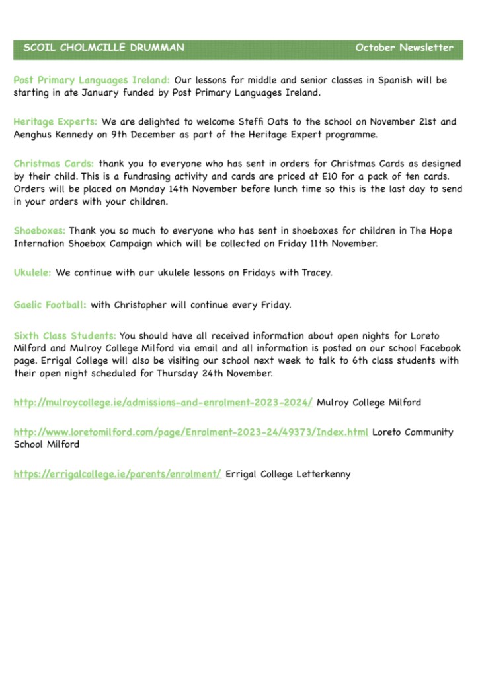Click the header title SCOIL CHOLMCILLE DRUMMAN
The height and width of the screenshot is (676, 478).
click(x=104, y=48)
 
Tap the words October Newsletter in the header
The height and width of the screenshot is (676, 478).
click(x=404, y=48)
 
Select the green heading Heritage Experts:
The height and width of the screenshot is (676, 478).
click(x=56, y=122)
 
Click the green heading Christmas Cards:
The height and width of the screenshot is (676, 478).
click(x=54, y=164)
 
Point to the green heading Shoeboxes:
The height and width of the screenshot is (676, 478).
click(x=40, y=231)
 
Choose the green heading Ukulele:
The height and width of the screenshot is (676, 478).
click(x=32, y=272)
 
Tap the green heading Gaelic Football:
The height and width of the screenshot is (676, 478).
click(x=50, y=305)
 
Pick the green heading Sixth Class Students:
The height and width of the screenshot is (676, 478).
click(x=65, y=337)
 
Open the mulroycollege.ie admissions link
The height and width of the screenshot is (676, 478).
click(x=163, y=402)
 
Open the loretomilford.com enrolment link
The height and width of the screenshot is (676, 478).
click(x=190, y=432)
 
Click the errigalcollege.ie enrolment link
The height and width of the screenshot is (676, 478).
click(x=117, y=474)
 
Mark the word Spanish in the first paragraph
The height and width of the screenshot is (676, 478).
click(x=396, y=81)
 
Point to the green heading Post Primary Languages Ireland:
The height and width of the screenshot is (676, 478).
click(x=92, y=81)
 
